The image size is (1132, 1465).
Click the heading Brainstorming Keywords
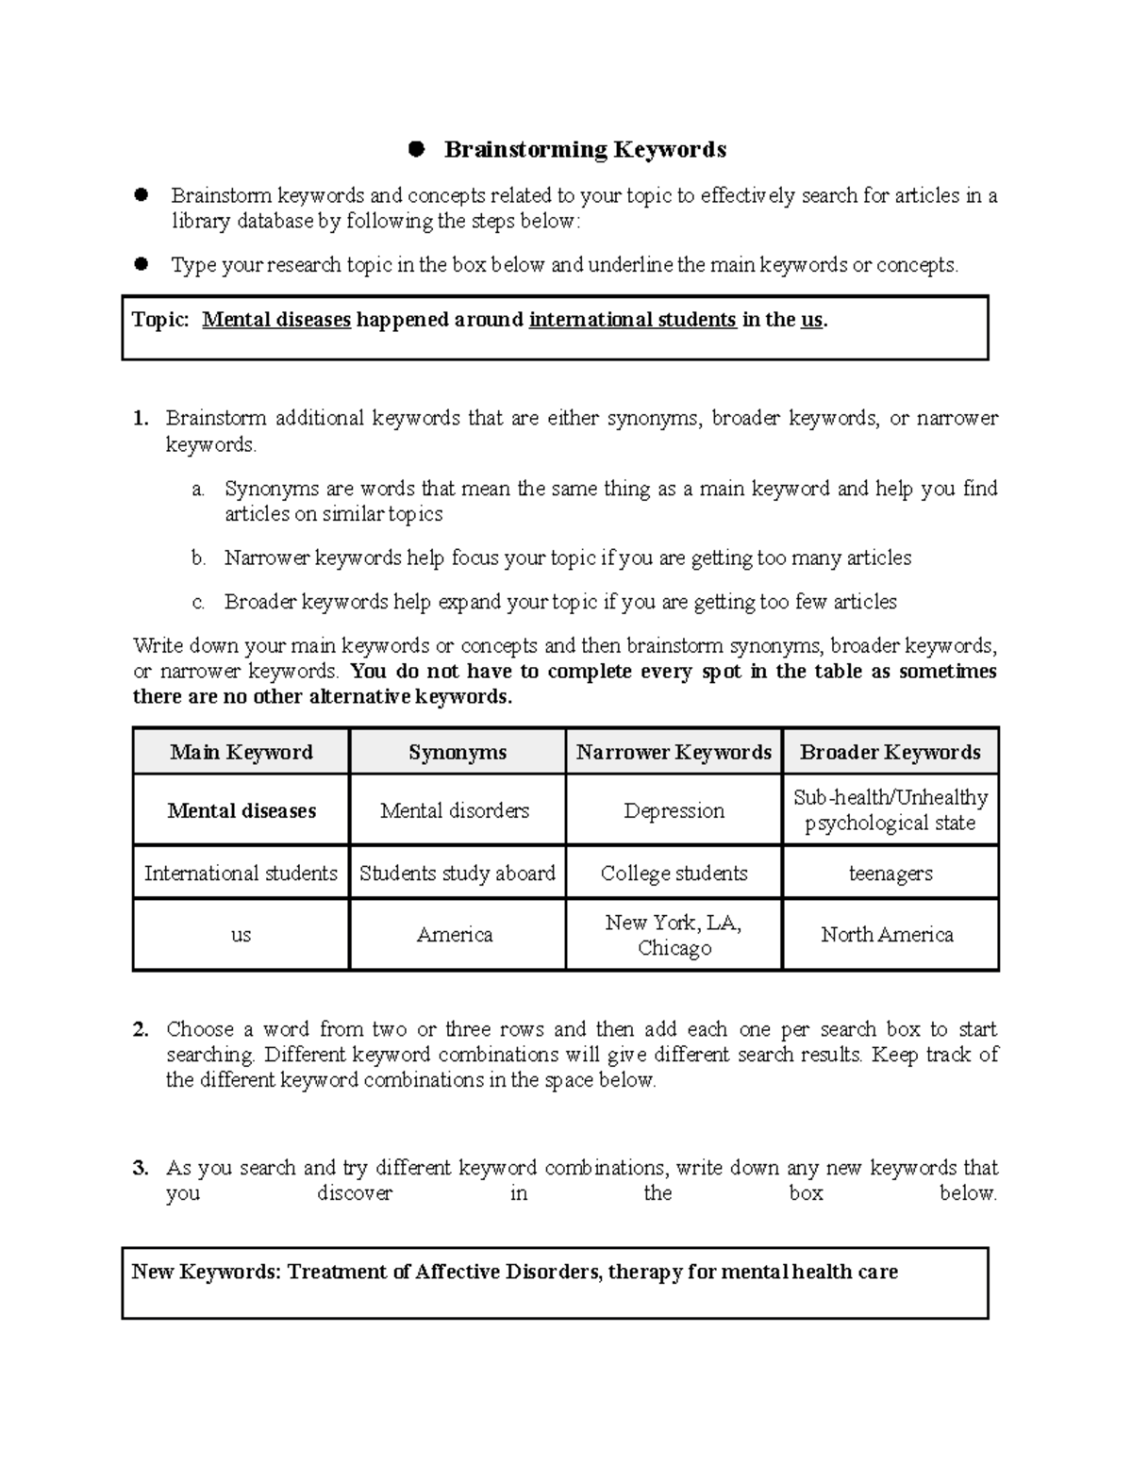[x=585, y=149]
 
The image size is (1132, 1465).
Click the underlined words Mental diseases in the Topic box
[x=276, y=320]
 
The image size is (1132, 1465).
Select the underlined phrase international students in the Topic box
[x=632, y=320]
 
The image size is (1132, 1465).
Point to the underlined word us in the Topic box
[x=811, y=320]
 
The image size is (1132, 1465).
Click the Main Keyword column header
[x=241, y=752]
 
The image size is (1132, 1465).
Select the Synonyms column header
[x=458, y=752]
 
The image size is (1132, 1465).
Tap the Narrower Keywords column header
[x=674, y=752]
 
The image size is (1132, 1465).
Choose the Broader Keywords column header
[x=890, y=752]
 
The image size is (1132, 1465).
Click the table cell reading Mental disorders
[x=455, y=810]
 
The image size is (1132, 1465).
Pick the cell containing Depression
[x=674, y=810]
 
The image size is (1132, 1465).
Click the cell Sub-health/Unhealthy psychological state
[x=890, y=810]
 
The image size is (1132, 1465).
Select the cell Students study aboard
[x=458, y=874]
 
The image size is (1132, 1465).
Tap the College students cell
[x=674, y=874]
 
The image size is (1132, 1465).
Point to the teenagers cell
[x=890, y=874]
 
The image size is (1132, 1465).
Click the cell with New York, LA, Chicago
[x=674, y=935]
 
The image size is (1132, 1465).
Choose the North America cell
[x=887, y=935]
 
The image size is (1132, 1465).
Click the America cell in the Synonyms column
[x=455, y=935]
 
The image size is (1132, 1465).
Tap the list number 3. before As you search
[x=141, y=1168]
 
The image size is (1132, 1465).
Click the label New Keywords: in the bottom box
[x=206, y=1272]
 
